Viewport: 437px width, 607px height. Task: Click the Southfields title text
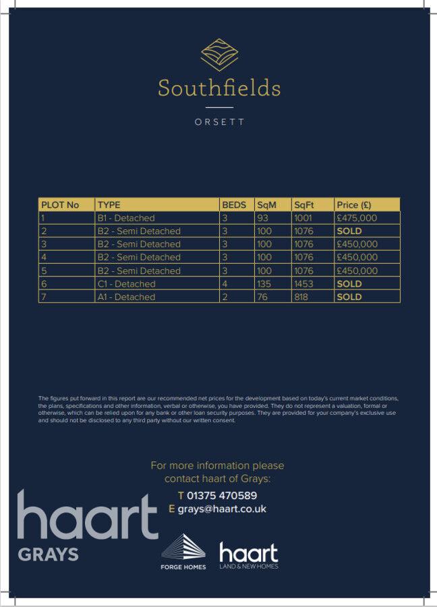[x=219, y=88]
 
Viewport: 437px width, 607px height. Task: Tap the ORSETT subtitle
[x=219, y=123]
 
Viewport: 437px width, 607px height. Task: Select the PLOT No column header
[x=60, y=205]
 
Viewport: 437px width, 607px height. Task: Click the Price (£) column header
[x=354, y=205]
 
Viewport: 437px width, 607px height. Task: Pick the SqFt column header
[x=305, y=205]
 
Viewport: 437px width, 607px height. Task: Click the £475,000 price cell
[x=357, y=218]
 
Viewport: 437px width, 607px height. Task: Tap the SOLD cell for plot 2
[x=349, y=231]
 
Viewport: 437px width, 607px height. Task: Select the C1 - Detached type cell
[x=126, y=284]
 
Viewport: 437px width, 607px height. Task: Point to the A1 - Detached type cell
[x=126, y=297]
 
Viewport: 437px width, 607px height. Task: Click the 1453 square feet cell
[x=303, y=284]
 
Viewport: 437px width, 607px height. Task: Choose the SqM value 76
[x=262, y=297]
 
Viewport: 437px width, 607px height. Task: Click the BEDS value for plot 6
[x=225, y=284]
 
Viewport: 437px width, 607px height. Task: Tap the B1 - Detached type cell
[x=126, y=218]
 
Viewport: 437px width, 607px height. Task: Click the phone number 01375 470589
[x=222, y=496]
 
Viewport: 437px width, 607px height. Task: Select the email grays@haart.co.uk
[x=222, y=509]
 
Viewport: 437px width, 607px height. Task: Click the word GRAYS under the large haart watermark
[x=48, y=555]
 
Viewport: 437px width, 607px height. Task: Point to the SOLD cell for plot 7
[x=349, y=297]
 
